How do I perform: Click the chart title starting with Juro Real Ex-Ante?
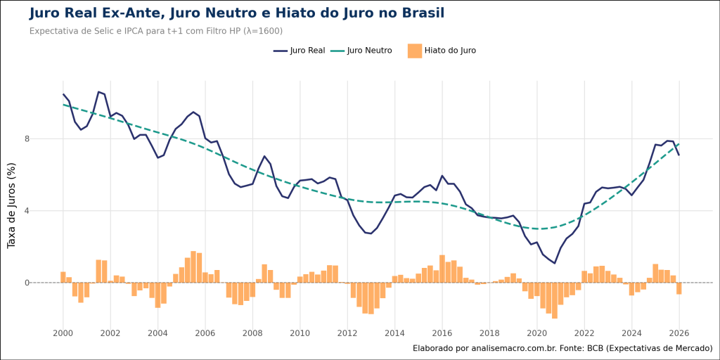[x=236, y=13]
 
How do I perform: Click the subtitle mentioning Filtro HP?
[x=156, y=31]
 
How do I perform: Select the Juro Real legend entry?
[x=299, y=51]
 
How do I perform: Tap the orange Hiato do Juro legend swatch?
[x=414, y=51]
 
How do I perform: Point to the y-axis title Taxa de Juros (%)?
[x=11, y=205]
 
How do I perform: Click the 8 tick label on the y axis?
[x=46, y=139]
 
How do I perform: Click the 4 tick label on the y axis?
[x=46, y=211]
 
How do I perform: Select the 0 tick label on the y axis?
[x=46, y=283]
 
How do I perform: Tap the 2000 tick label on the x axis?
[x=63, y=333]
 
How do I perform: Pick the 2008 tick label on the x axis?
[x=252, y=333]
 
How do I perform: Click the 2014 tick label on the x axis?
[x=394, y=333]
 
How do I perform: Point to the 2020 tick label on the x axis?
[x=536, y=333]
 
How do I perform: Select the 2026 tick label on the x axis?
[x=679, y=333]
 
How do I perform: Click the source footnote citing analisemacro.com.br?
[x=562, y=348]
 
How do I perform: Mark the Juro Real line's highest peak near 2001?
[x=98, y=91]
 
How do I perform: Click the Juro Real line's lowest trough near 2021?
[x=555, y=263]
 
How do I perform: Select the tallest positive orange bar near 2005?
[x=193, y=266]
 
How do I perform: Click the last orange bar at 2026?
[x=679, y=288]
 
